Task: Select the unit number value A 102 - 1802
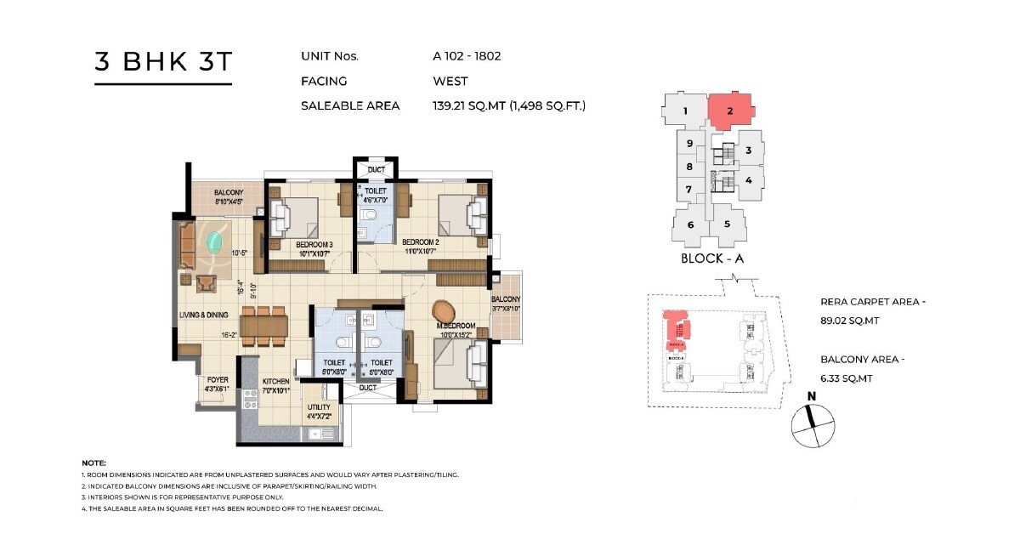(467, 56)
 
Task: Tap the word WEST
(450, 82)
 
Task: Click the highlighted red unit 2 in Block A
(729, 111)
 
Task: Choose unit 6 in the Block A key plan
(691, 224)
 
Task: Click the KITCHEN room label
(276, 381)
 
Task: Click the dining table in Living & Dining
(264, 324)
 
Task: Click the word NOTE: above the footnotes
(93, 462)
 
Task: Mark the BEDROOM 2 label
(420, 241)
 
